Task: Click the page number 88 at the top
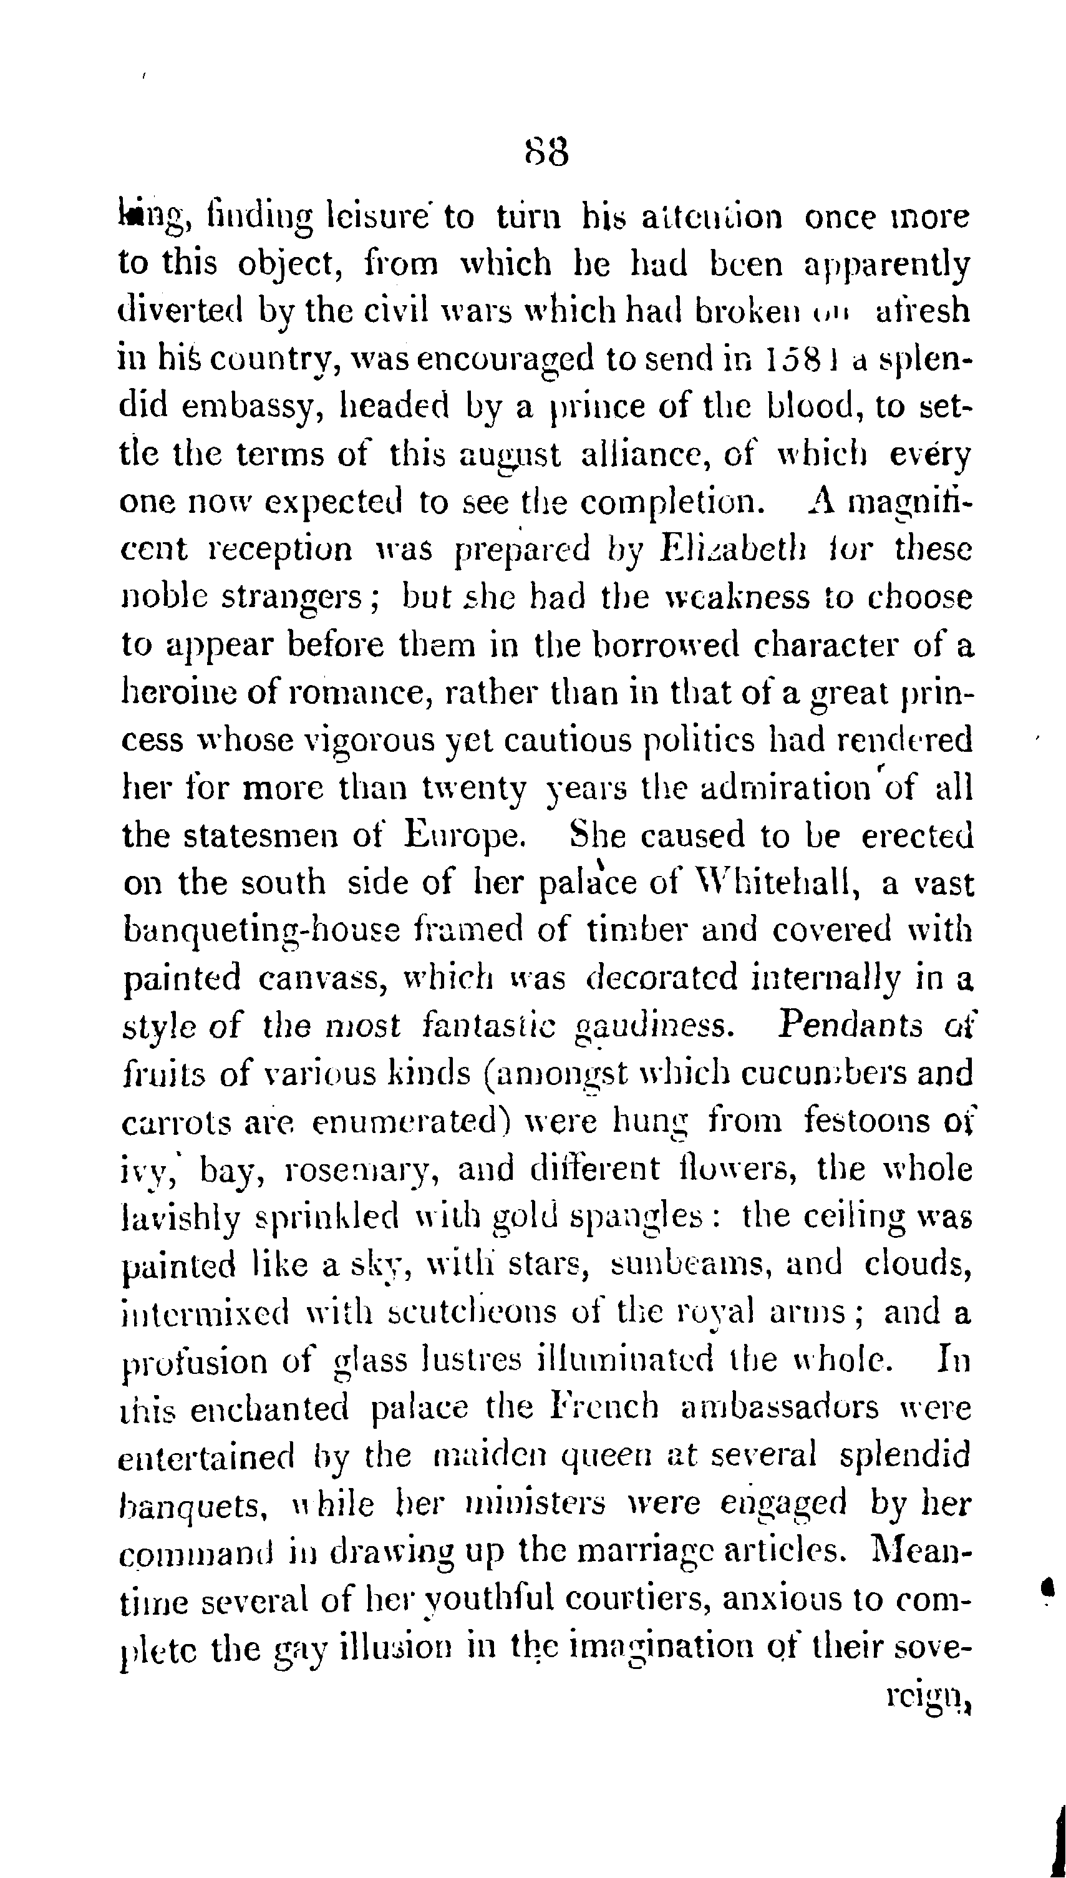(547, 153)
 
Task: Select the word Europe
(466, 835)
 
